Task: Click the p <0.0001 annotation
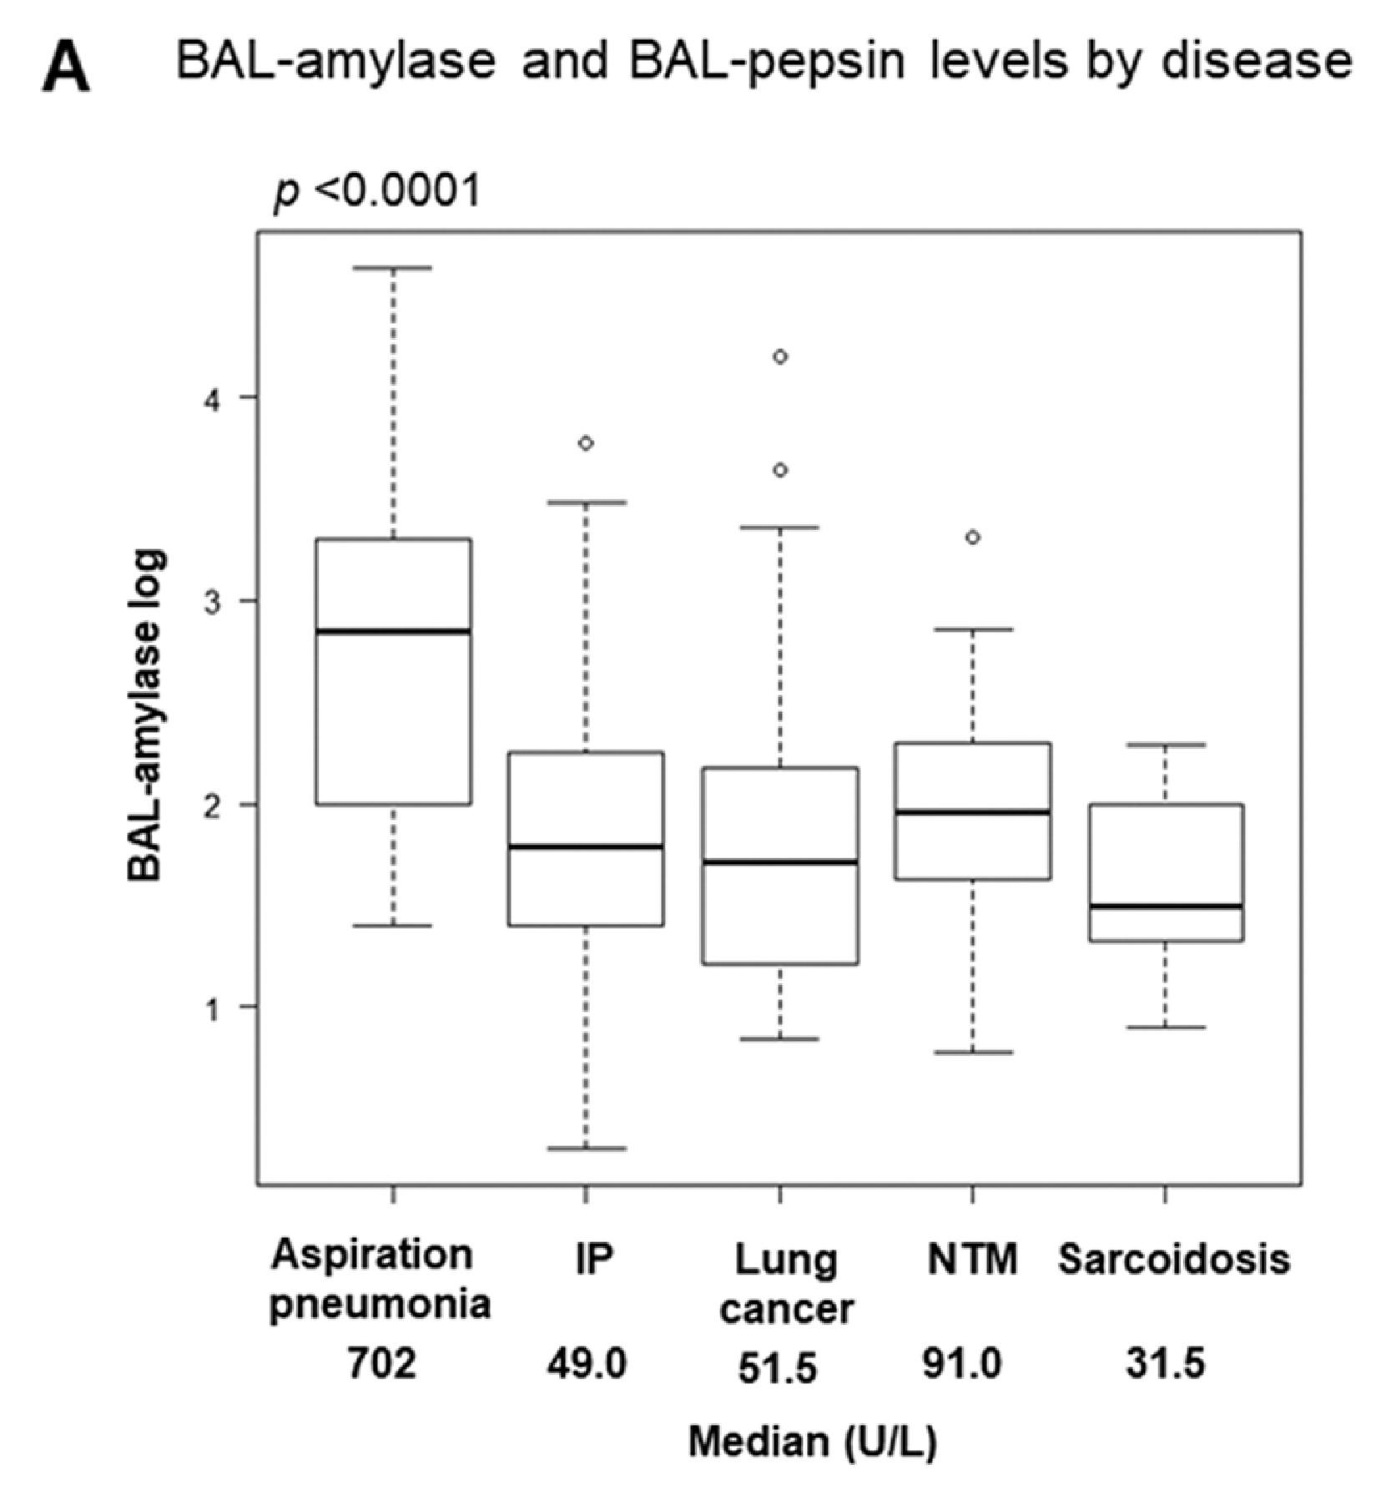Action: coord(378,191)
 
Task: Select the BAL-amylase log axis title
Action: coord(147,715)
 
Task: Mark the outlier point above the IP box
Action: coord(586,443)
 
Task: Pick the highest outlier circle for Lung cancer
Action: coord(780,357)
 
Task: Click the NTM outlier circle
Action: coord(972,538)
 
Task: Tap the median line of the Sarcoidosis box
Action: coord(1165,906)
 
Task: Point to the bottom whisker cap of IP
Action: coord(586,1149)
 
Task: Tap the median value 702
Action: coord(381,1365)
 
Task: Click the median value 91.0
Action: coord(961,1365)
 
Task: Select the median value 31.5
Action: coord(1165,1365)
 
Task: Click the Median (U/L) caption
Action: coord(811,1442)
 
